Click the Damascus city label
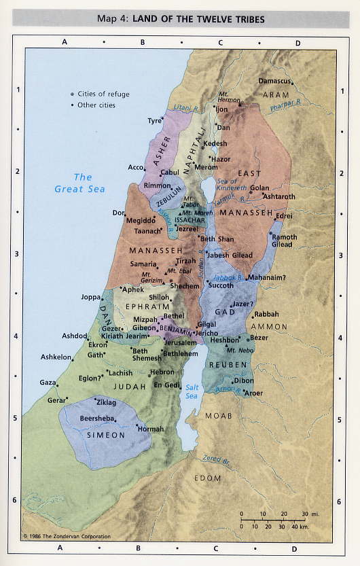pos(275,81)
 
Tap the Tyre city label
pos(155,120)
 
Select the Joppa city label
pos(90,297)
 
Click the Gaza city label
pos(48,383)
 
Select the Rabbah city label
pos(266,314)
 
